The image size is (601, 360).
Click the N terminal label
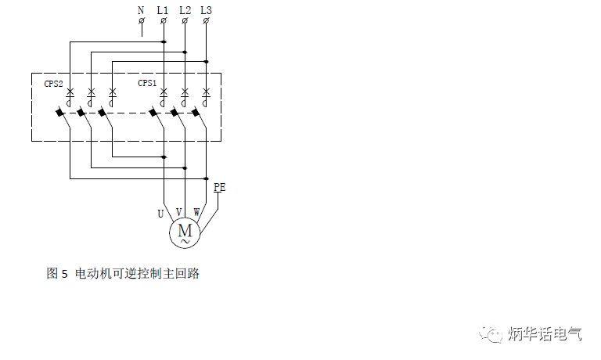[141, 10]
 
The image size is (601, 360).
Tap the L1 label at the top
[163, 10]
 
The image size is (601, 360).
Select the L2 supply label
[185, 10]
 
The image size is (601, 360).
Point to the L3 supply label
[207, 10]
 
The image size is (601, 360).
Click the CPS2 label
[53, 84]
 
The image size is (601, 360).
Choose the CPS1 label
[147, 83]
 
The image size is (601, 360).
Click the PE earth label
[220, 187]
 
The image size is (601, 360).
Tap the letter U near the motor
[160, 214]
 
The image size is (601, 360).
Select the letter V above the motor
[178, 211]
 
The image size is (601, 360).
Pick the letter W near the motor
[196, 211]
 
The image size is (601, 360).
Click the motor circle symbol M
[185, 232]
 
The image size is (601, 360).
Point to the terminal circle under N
[142, 20]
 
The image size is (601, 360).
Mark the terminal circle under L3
[206, 20]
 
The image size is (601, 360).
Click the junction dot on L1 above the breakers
[164, 41]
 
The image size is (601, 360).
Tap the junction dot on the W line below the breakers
[207, 178]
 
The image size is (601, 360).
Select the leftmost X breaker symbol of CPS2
[70, 92]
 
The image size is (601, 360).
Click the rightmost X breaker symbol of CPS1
[207, 92]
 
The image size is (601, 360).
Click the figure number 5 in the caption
[64, 274]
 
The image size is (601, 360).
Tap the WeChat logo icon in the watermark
[490, 333]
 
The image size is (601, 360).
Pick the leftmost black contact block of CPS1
[153, 113]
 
